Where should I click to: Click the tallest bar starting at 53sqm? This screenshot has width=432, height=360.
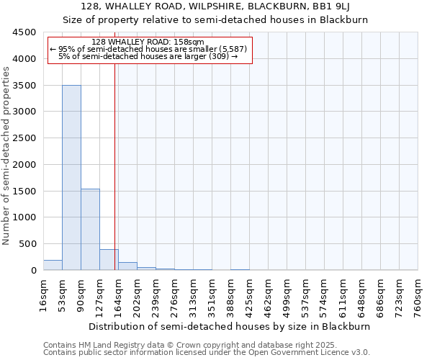71,177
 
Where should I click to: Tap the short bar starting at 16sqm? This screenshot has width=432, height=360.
53,265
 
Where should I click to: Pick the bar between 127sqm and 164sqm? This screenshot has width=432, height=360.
109,260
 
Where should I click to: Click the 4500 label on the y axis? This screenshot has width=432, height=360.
26,32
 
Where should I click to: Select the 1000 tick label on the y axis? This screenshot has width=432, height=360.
26,217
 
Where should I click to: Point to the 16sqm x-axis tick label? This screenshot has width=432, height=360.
44,294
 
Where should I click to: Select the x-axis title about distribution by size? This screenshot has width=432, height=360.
230,326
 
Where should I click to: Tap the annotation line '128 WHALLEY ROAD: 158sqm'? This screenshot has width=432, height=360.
149,42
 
